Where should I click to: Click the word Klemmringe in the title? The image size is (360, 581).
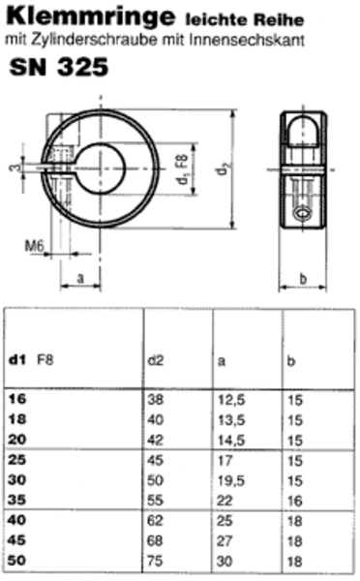coord(90,16)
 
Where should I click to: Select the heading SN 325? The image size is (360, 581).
coord(59,67)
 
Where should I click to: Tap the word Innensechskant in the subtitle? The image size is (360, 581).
coord(247,40)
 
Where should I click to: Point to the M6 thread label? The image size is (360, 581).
coord(34,246)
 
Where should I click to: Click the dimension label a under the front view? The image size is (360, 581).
coord(80,278)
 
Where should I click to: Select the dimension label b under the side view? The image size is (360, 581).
coord(303,278)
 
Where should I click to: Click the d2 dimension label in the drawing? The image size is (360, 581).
coord(222,169)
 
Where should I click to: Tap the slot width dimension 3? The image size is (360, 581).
coord(15,168)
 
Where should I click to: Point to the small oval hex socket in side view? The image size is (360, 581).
coord(303,214)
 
